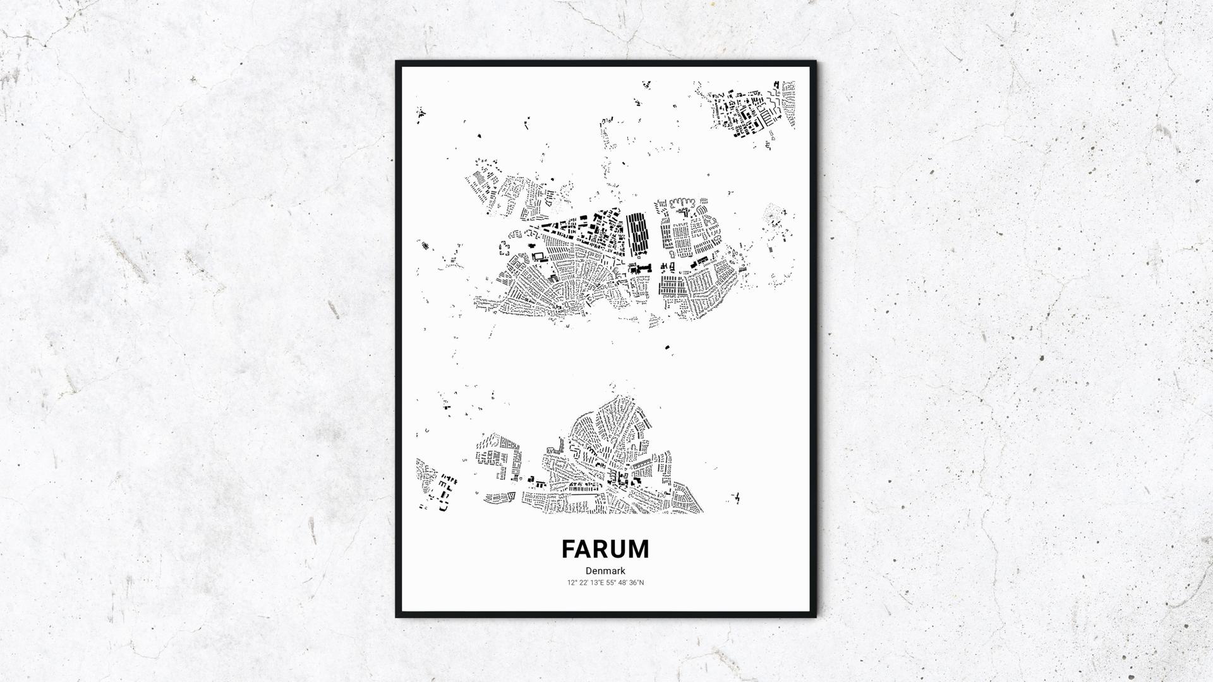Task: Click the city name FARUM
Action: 605,549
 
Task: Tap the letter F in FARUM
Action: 568,549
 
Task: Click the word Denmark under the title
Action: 605,571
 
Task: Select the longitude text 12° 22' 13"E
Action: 586,582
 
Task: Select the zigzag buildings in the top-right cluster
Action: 772,101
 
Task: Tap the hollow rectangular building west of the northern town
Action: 538,257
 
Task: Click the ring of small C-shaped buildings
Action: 505,247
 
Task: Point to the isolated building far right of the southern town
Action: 735,499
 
